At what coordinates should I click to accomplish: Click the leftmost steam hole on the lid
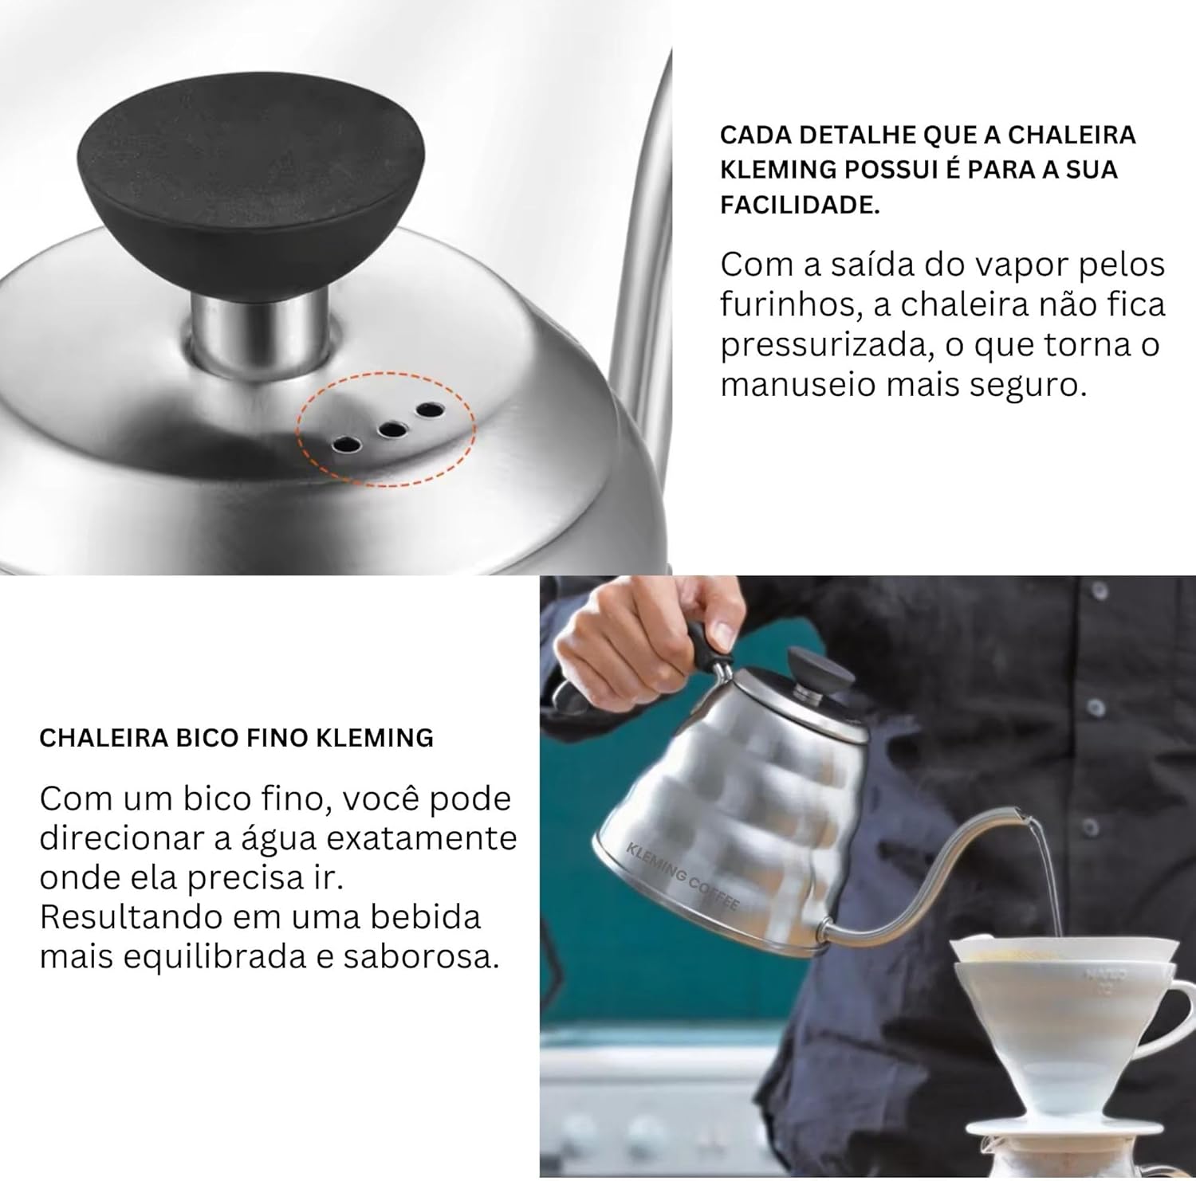click(x=347, y=443)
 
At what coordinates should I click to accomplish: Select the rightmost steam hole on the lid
click(x=428, y=410)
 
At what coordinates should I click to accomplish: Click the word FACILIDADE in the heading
click(x=801, y=205)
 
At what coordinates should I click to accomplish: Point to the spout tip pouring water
click(x=1020, y=814)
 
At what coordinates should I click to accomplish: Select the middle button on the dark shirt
click(x=1094, y=707)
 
